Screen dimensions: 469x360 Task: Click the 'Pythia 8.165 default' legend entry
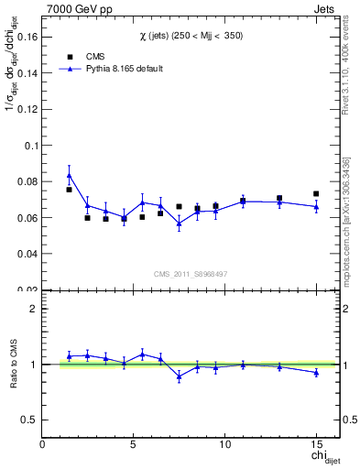(119, 69)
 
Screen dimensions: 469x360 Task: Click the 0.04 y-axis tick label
(28, 254)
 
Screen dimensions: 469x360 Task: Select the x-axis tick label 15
(316, 444)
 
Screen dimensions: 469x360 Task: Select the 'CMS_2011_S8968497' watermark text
(190, 274)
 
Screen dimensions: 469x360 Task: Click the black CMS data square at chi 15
(316, 194)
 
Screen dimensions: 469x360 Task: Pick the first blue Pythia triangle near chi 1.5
(69, 175)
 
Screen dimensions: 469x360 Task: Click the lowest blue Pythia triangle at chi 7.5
(179, 224)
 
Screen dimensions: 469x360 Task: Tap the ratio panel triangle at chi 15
(316, 373)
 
